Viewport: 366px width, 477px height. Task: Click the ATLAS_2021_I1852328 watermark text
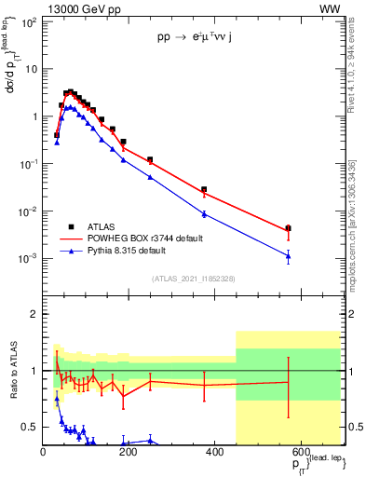click(x=192, y=279)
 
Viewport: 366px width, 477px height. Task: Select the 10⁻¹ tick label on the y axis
click(x=25, y=163)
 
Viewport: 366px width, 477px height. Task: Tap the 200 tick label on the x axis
click(x=129, y=453)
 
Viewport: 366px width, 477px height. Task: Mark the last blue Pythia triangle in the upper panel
click(x=288, y=256)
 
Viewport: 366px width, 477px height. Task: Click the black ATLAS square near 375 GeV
click(x=204, y=189)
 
